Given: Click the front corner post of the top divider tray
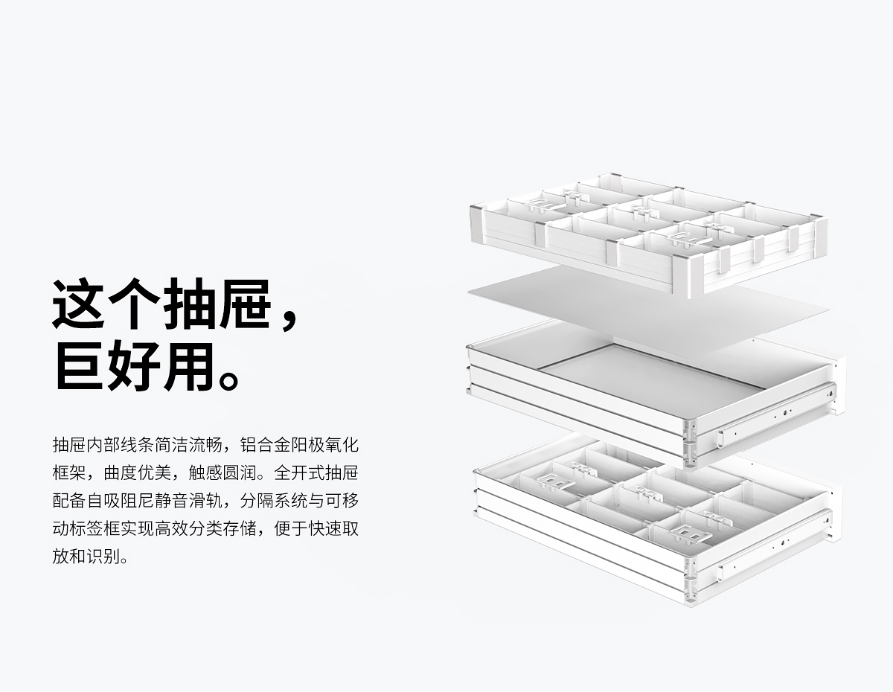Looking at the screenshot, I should click(x=695, y=275).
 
